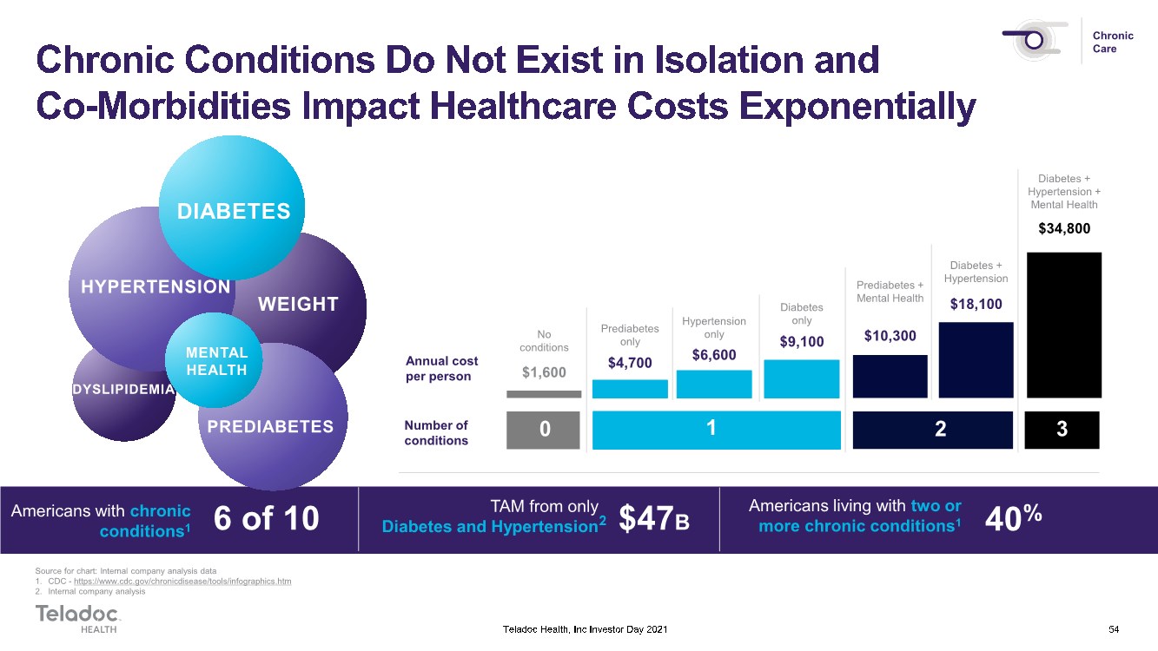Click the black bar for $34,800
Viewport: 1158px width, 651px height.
pyautogui.click(x=1064, y=325)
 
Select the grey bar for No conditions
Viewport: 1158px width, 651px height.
pyautogui.click(x=544, y=394)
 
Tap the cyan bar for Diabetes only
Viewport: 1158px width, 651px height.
pyautogui.click(x=801, y=378)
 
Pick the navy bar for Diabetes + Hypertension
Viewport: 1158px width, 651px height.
pyautogui.click(x=976, y=360)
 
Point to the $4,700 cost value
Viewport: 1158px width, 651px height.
pyautogui.click(x=630, y=363)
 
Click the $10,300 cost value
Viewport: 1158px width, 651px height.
pyautogui.click(x=890, y=336)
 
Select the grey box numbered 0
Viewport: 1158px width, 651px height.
pyautogui.click(x=543, y=430)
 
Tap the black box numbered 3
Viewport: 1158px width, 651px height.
pyautogui.click(x=1062, y=430)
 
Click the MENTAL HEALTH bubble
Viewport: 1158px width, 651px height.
pyautogui.click(x=214, y=360)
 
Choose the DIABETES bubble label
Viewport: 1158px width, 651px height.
pyautogui.click(x=234, y=211)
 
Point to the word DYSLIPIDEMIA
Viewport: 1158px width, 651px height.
pyautogui.click(x=123, y=389)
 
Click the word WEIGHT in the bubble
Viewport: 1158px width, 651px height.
pyautogui.click(x=298, y=304)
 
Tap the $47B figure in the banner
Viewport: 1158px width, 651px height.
pyautogui.click(x=654, y=518)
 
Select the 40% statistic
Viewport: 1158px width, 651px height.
pyautogui.click(x=1013, y=517)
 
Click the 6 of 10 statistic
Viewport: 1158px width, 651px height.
pyautogui.click(x=266, y=518)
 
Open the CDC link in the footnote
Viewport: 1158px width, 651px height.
pyautogui.click(x=182, y=582)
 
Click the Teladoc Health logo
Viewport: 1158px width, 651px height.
pyautogui.click(x=78, y=618)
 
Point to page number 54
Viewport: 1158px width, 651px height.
pyautogui.click(x=1114, y=629)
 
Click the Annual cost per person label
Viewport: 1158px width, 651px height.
pyautogui.click(x=441, y=368)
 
